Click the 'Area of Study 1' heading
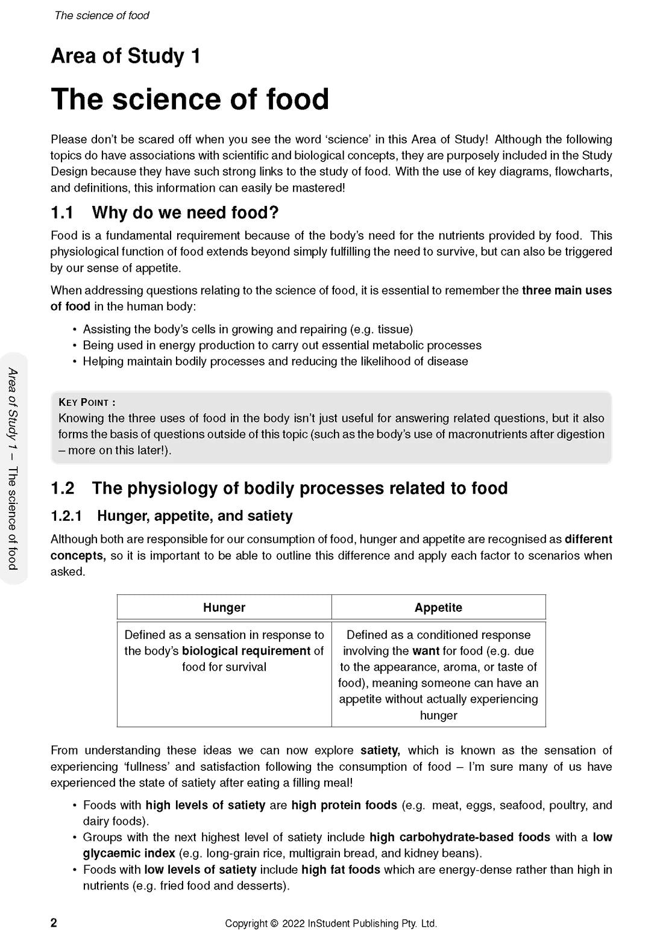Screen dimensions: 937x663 tap(125, 56)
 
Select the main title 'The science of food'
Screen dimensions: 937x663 tap(190, 99)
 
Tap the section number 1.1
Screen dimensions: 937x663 tap(62, 213)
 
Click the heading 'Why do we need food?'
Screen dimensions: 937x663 tap(185, 213)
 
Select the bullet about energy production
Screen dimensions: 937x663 tap(282, 345)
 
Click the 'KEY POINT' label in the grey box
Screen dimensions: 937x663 tap(86, 402)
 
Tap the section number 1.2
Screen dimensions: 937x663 tap(62, 488)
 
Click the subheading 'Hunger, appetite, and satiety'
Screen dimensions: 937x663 tap(195, 516)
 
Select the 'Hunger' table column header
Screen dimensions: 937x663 tap(224, 608)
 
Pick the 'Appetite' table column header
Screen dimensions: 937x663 tap(438, 608)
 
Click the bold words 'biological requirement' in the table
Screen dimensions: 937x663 tap(246, 651)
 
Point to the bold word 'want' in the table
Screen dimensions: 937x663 tap(426, 651)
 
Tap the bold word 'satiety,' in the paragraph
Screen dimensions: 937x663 tap(380, 750)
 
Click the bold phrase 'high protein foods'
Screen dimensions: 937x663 tap(344, 805)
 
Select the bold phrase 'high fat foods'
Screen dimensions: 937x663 tap(341, 870)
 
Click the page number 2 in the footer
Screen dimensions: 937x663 tap(54, 923)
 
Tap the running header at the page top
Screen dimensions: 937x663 tap(102, 16)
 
